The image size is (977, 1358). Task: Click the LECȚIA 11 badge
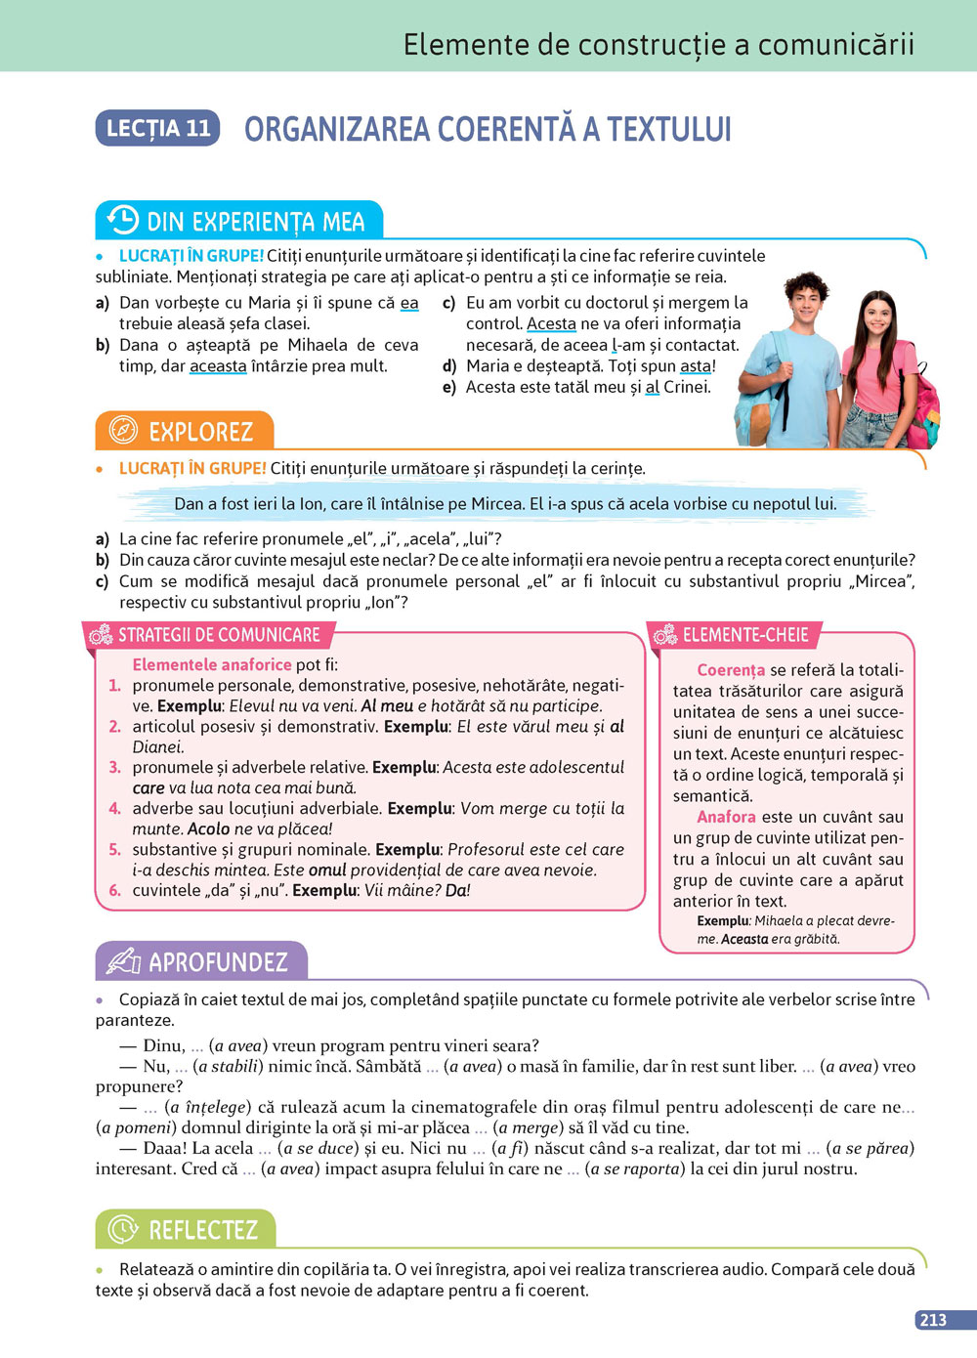157,128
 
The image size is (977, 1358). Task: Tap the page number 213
933,1320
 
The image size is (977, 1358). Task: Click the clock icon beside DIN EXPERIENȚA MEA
122,220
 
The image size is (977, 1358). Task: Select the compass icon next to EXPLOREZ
123,430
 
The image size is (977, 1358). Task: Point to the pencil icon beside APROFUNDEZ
124,961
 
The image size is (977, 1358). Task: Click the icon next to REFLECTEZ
123,1229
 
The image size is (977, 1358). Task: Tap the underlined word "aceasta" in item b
218,366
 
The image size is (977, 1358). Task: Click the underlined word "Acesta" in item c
551,323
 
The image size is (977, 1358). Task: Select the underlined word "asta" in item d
696,366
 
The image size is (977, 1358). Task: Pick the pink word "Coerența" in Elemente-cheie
731,670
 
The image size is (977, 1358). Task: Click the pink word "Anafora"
726,817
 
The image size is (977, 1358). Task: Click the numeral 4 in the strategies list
114,809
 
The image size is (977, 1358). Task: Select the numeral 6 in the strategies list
114,891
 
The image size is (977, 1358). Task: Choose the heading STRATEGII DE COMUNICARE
219,635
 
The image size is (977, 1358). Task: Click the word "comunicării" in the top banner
836,44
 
